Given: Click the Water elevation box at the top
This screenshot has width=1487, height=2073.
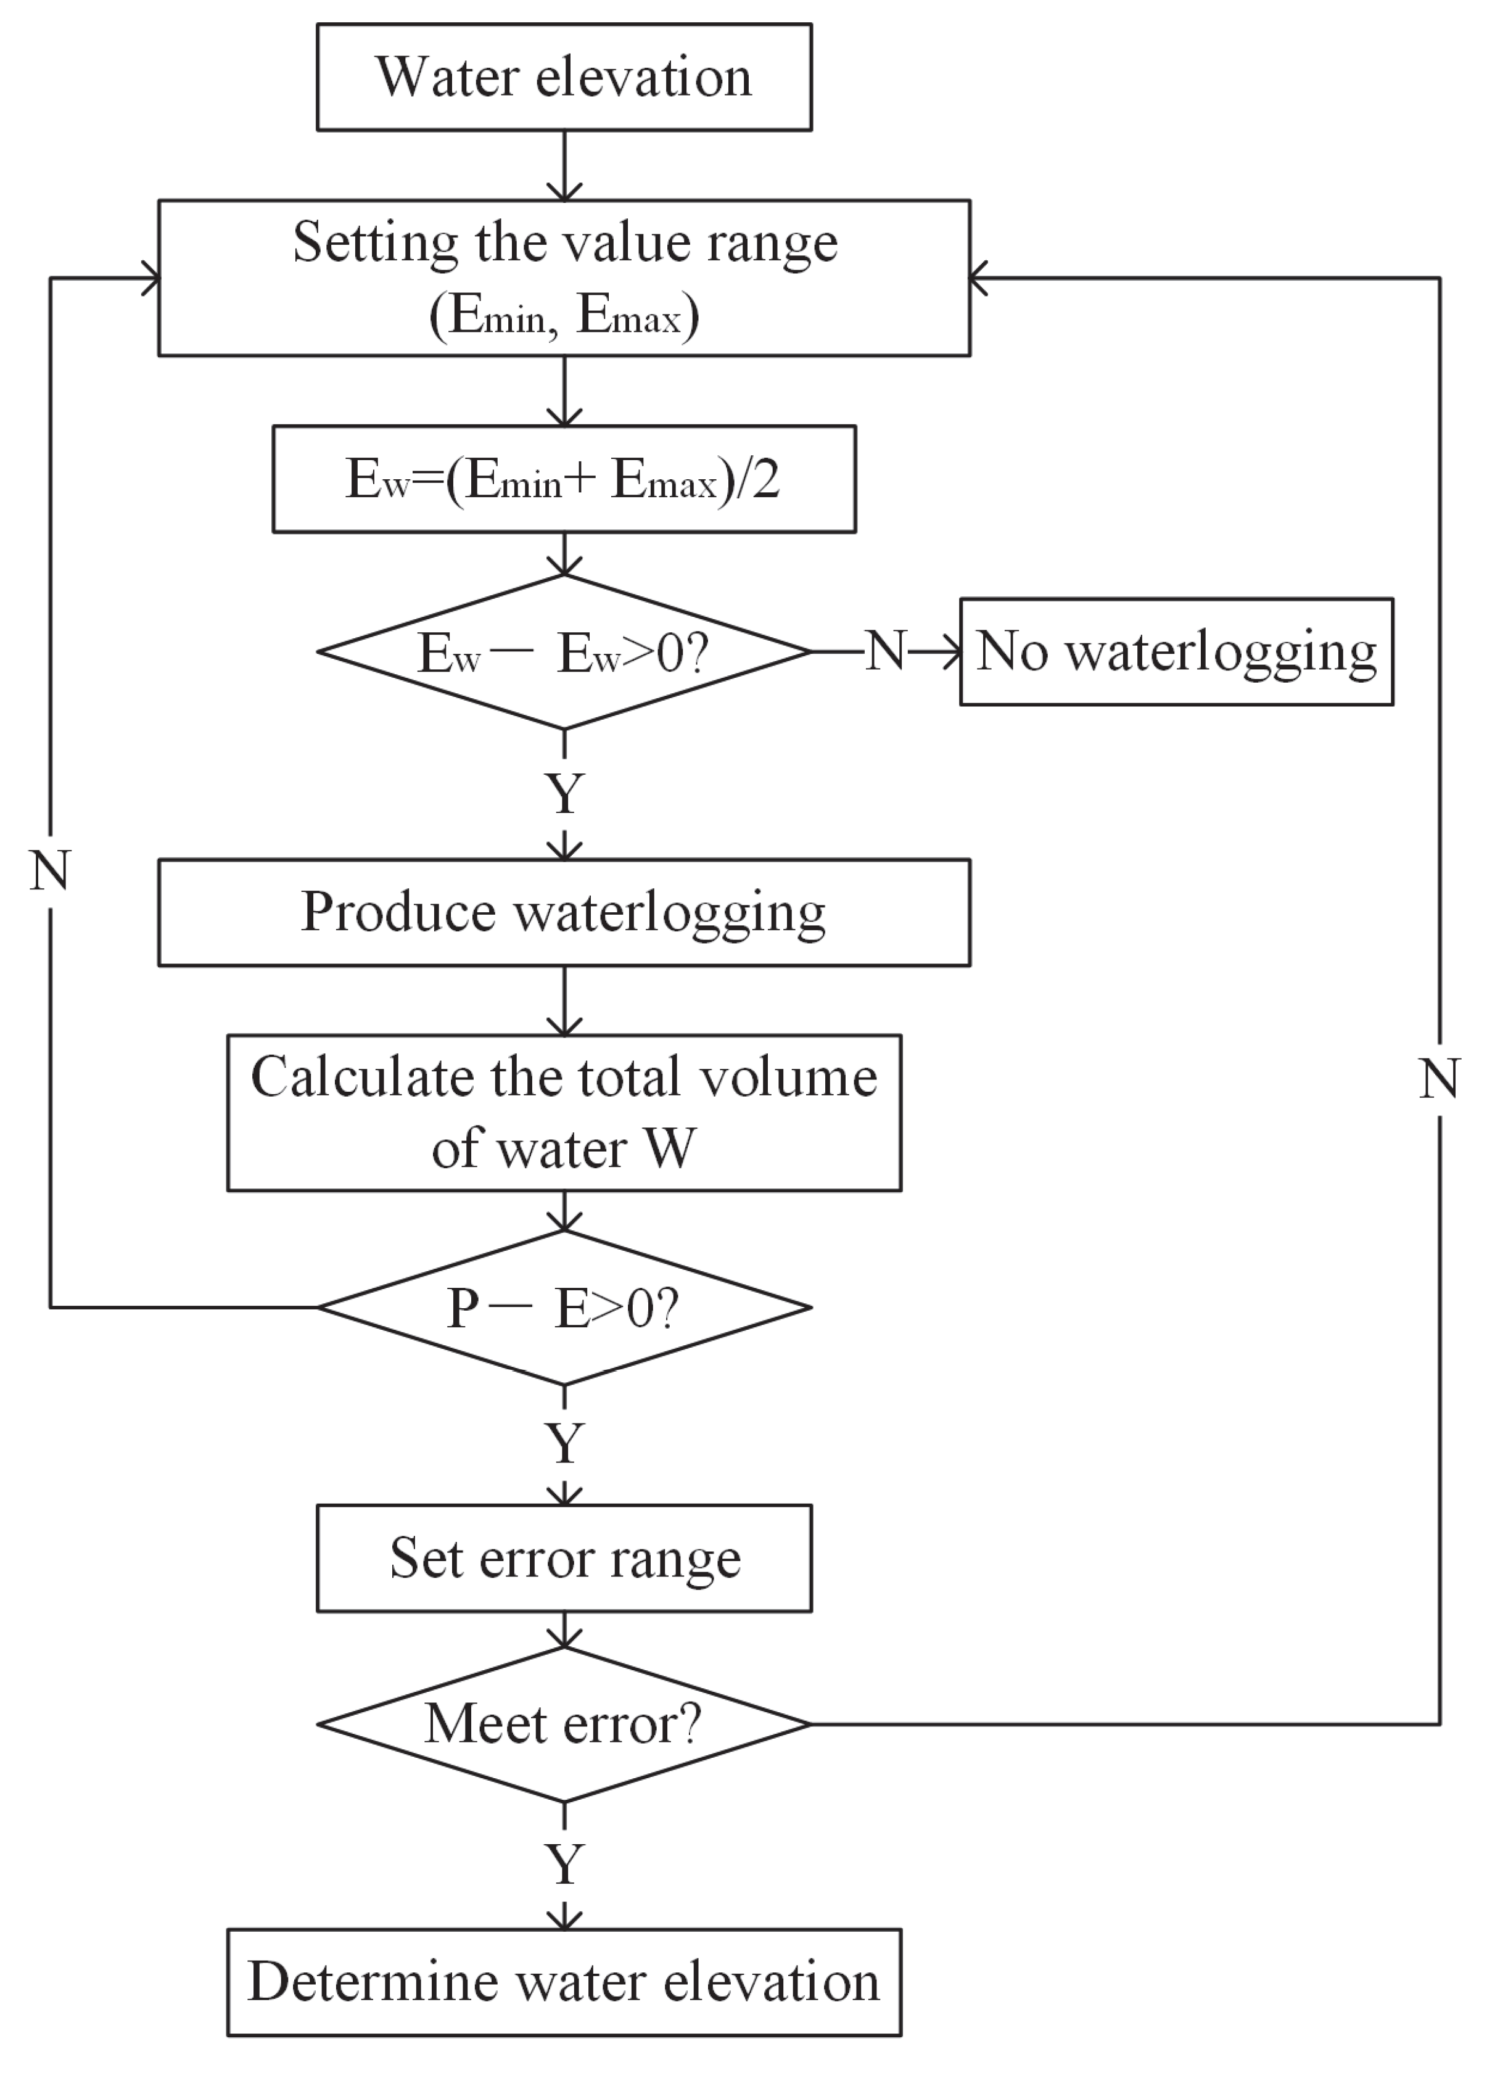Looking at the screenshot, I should (564, 76).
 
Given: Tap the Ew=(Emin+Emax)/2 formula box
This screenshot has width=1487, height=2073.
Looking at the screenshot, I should (564, 478).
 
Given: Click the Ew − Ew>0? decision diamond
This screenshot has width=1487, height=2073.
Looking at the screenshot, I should (564, 653).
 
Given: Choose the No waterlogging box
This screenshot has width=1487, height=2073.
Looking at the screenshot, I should (1176, 653).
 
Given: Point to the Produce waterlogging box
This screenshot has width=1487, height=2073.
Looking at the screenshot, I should (564, 912).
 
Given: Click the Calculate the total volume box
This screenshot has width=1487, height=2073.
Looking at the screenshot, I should (564, 1112).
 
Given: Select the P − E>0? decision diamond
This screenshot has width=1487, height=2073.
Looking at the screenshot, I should (564, 1308).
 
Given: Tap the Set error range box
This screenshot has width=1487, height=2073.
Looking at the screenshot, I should (564, 1559).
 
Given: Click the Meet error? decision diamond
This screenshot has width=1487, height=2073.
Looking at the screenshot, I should (564, 1725).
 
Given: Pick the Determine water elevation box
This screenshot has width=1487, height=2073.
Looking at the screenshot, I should (564, 1982).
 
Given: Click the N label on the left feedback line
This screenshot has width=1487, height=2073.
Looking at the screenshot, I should (51, 870).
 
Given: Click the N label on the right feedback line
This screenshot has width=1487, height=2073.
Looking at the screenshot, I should (1440, 1079).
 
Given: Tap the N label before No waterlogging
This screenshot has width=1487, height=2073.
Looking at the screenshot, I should (884, 652).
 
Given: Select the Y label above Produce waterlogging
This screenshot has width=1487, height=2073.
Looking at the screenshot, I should (565, 793).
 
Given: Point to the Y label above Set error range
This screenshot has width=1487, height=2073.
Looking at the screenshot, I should (565, 1444).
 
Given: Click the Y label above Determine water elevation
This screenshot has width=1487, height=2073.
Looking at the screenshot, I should (565, 1864).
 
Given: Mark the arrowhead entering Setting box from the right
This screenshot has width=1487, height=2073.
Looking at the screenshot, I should (977, 278).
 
